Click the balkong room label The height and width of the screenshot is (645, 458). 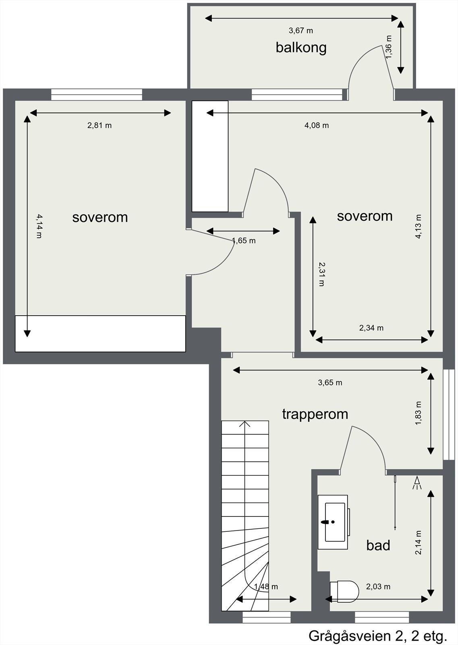[301, 48]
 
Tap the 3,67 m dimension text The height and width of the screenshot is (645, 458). [300, 31]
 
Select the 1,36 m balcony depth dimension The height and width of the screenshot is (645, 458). [389, 47]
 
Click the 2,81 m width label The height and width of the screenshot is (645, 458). [99, 125]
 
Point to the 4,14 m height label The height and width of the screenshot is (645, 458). [39, 226]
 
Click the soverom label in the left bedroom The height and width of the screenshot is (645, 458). [100, 217]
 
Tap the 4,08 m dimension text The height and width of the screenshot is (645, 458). [316, 125]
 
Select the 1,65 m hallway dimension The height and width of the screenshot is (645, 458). [244, 241]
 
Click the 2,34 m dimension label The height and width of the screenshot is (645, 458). [371, 328]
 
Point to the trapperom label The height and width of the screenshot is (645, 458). [315, 414]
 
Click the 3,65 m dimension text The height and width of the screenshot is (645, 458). [330, 383]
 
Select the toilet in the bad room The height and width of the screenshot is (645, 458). [344, 591]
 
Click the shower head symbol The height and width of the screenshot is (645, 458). [417, 483]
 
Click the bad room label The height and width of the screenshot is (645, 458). [378, 545]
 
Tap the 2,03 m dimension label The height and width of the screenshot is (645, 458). [378, 587]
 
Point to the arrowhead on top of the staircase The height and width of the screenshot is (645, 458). [245, 424]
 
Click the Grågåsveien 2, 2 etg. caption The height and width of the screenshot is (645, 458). [378, 636]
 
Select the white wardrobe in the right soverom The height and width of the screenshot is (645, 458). [210, 156]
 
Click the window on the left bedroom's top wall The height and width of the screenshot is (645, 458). [97, 95]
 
